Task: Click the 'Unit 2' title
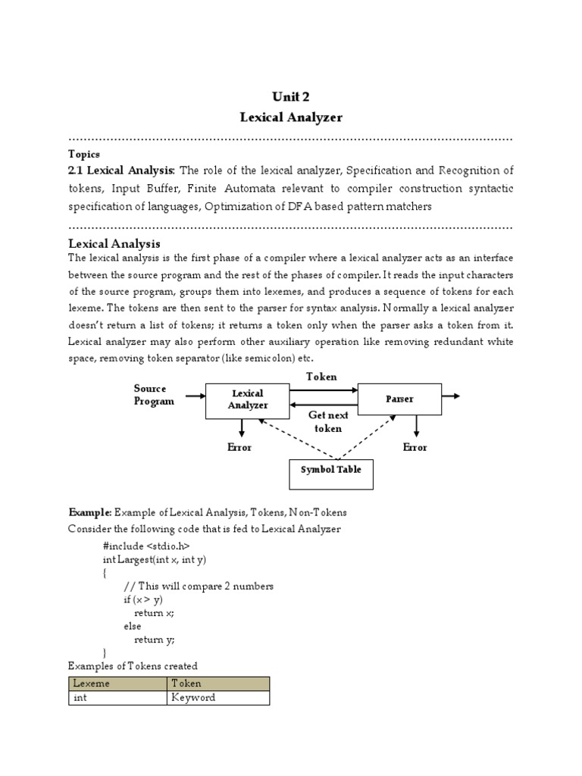coord(291,97)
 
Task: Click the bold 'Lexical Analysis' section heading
coord(114,243)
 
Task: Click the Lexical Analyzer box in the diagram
coord(248,400)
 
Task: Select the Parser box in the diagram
coord(399,399)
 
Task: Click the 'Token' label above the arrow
coord(321,377)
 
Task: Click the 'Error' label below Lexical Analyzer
coord(239,447)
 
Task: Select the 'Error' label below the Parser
coord(415,447)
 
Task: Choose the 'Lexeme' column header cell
coord(117,683)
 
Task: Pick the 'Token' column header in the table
coord(217,683)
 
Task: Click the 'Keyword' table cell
coord(217,697)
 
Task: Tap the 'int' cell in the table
coord(117,697)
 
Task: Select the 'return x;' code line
coord(155,612)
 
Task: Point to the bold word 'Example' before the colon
coord(89,513)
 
